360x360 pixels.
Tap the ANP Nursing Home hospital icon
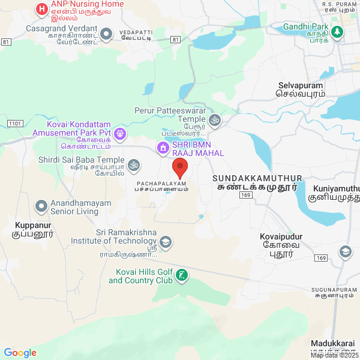[x=41, y=9]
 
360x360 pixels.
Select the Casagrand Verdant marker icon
[x=107, y=34]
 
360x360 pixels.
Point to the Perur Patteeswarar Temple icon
[x=215, y=121]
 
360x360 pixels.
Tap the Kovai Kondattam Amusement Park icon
[x=121, y=133]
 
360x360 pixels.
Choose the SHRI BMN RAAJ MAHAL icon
[x=162, y=148]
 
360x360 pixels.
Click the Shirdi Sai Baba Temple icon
[x=134, y=164]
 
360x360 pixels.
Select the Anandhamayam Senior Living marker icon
[x=41, y=206]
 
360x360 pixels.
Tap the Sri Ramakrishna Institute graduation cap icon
[x=166, y=242]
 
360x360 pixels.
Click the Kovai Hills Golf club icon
[x=182, y=276]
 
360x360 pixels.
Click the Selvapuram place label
[x=301, y=89]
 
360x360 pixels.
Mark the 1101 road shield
[x=16, y=123]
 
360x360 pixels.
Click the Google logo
[x=20, y=353]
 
